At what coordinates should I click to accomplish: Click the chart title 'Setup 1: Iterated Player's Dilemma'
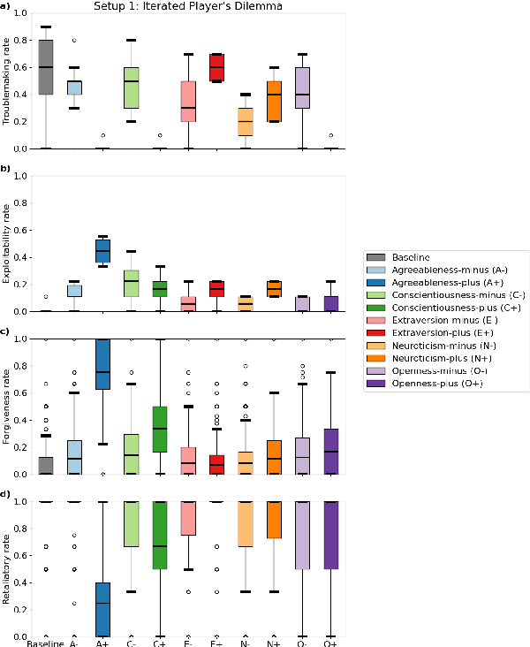click(189, 6)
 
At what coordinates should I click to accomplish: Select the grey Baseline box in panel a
click(46, 67)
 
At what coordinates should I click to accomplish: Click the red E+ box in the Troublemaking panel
click(216, 67)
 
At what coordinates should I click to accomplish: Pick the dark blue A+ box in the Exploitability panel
click(102, 251)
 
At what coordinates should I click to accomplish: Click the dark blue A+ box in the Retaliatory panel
click(102, 609)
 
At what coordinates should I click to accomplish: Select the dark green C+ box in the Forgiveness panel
click(160, 429)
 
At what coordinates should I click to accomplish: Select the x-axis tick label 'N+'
click(273, 643)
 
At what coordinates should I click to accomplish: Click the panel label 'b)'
click(6, 168)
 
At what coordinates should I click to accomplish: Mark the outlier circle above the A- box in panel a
click(74, 41)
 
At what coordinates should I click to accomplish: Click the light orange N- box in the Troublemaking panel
click(245, 122)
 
